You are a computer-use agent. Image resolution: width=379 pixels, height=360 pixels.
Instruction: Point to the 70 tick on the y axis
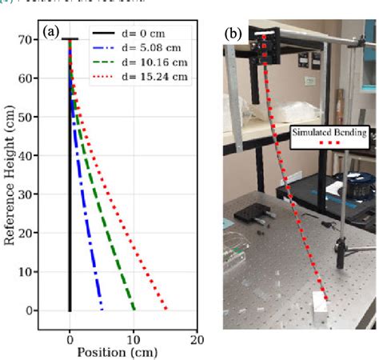(x=51, y=39)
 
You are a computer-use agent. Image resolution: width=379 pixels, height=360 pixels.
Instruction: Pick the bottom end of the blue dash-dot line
(x=102, y=309)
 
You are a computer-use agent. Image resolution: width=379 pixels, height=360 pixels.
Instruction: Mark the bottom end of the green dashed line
(x=134, y=309)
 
